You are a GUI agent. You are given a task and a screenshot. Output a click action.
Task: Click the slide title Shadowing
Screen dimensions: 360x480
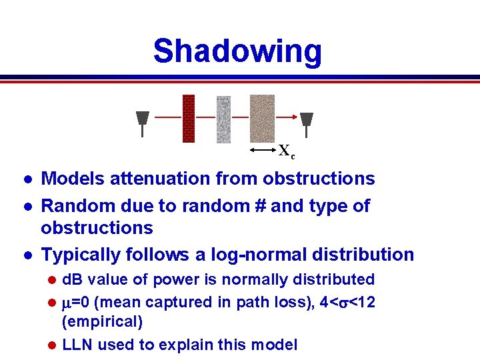coord(237,51)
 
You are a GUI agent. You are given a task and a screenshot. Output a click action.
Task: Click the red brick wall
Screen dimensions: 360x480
coord(189,119)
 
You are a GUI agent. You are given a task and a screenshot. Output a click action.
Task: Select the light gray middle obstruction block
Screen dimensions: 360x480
coord(223,119)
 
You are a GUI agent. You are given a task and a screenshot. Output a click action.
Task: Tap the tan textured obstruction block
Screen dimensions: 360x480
coord(262,119)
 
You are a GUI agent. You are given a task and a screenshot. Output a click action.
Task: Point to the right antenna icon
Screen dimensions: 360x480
coord(306,121)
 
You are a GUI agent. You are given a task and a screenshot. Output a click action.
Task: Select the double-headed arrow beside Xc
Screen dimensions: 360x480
coord(263,151)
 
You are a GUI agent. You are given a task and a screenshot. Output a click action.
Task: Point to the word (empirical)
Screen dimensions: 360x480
coord(101,323)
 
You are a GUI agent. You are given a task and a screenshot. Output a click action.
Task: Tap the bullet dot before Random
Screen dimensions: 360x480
coord(26,207)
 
